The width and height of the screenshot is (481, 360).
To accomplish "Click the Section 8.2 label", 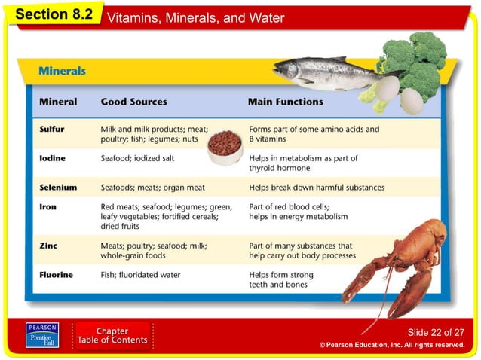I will coord(52,15).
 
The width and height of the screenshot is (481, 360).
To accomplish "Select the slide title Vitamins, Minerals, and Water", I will coord(196,17).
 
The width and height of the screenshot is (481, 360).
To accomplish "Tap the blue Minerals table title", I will coord(62,72).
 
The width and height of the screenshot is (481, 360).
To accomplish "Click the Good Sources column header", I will coord(134,102).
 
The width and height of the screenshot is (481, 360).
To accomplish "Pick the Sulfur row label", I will coord(52,130).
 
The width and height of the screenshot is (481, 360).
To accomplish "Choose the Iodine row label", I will coord(53,159).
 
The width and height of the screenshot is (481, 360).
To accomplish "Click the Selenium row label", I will coord(58,188).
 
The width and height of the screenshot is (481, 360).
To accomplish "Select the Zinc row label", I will coord(48,246).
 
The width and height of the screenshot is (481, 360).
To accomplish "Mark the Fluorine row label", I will coord(57,275).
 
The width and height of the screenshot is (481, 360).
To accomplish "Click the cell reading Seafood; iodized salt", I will coord(137,159).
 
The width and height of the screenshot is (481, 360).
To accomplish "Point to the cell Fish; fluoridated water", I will coord(141,275).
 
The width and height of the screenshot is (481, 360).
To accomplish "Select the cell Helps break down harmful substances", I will coord(317,188).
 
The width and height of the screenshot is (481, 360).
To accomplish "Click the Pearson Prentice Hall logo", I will coord(42,336).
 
